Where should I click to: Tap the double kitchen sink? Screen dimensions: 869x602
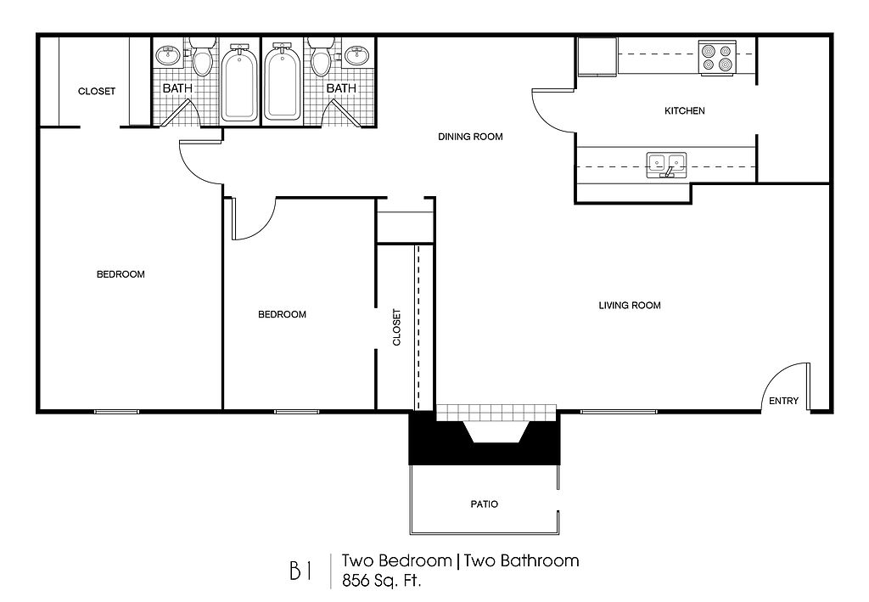point(667,166)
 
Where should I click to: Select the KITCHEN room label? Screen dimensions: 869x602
point(685,111)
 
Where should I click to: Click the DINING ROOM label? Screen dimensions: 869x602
point(470,137)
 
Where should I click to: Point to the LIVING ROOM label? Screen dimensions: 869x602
point(630,306)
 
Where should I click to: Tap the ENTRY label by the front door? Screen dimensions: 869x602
point(783,401)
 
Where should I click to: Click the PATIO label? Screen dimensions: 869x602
point(485,504)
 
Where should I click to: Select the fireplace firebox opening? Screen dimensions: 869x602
point(496,432)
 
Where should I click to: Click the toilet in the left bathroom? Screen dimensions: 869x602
point(202,56)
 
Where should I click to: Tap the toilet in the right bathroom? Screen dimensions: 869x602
point(321,56)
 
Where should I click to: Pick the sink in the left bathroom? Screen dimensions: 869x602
point(167,55)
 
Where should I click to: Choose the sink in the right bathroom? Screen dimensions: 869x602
point(357,55)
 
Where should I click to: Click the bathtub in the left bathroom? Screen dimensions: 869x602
point(240,84)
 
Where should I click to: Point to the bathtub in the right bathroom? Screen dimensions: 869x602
point(283,83)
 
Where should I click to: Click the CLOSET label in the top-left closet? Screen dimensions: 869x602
point(97,92)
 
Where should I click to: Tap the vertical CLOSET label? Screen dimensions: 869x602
point(397,327)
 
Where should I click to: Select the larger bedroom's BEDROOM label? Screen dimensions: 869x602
point(121,274)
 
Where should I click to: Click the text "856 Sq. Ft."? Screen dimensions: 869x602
point(382,581)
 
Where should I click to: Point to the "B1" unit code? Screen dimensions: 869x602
point(300,571)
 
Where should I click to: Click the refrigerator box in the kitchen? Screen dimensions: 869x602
point(597,56)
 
